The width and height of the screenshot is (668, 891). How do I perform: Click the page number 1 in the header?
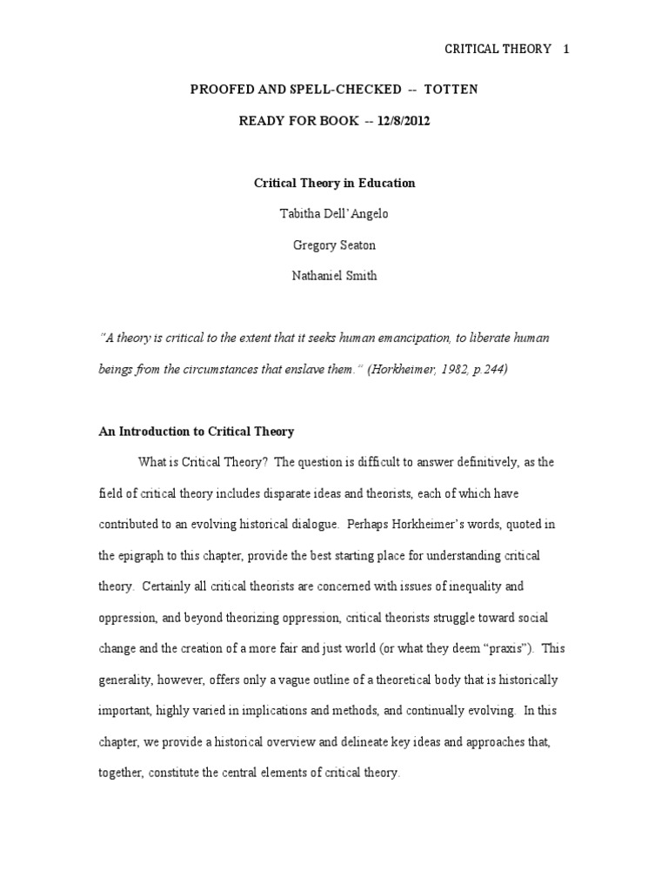click(566, 49)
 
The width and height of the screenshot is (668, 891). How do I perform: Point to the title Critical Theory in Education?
click(334, 183)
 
